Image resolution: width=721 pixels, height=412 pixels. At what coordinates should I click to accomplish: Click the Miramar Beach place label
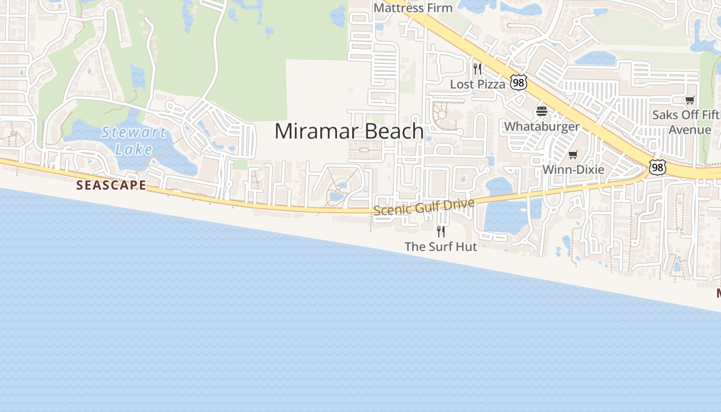point(349,131)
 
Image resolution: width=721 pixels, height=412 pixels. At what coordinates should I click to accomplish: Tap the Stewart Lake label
point(133,141)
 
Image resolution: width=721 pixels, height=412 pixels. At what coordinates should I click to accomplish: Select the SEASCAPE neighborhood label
point(111,185)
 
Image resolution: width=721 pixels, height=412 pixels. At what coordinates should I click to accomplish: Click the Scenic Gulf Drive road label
point(424,207)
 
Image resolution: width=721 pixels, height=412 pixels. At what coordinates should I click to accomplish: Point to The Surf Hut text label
point(441,247)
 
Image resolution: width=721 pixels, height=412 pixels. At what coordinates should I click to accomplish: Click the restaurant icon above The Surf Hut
point(441,231)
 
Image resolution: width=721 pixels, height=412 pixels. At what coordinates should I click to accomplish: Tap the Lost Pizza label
point(477,84)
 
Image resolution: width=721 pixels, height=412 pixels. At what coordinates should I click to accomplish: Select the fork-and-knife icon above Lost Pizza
point(477,68)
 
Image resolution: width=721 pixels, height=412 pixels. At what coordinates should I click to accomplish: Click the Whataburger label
point(542,126)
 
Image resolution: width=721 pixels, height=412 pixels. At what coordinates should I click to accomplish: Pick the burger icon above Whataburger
point(541,111)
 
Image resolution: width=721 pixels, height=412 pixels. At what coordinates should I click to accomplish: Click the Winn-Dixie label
point(573,169)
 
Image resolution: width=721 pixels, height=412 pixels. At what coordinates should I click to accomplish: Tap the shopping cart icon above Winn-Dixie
point(573,154)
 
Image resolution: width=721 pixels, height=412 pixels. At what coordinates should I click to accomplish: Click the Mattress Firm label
point(413,8)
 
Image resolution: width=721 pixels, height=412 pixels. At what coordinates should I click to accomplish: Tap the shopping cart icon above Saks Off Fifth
point(690,100)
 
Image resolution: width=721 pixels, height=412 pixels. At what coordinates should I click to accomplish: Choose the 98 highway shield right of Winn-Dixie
point(657,167)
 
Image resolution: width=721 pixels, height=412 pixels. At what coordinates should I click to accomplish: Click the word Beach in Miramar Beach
point(395,131)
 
